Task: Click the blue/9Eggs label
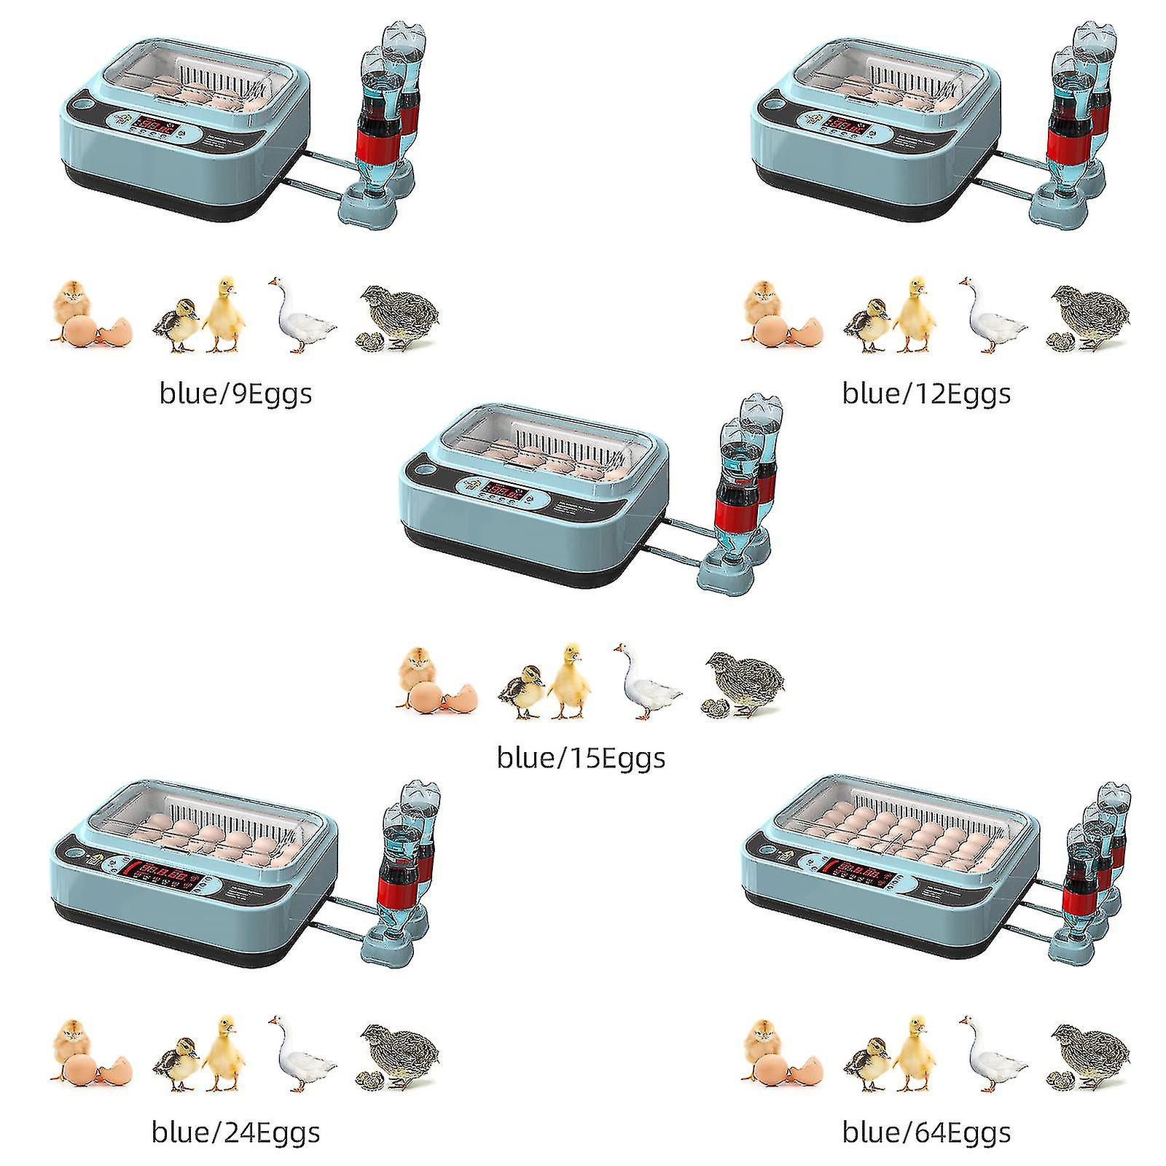click(x=235, y=394)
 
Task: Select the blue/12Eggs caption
click(x=926, y=394)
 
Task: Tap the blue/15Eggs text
click(x=581, y=758)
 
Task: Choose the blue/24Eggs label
click(x=235, y=1132)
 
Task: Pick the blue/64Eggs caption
click(x=926, y=1132)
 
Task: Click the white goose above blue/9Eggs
click(x=300, y=315)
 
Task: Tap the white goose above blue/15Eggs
click(x=646, y=681)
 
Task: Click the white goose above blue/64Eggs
click(x=991, y=1054)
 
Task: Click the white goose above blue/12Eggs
click(x=991, y=315)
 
